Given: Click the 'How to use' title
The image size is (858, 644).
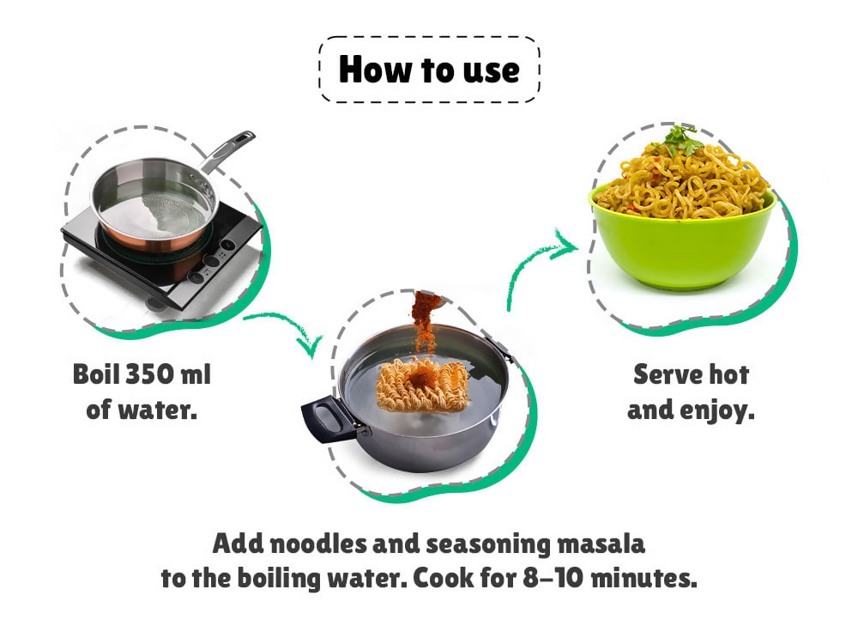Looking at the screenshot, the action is pos(429,70).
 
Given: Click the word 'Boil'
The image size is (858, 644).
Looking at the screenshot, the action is pos(96,374).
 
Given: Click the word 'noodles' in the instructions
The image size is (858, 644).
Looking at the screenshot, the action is pos(318,544).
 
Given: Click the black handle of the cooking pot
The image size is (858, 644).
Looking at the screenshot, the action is pos(328,418).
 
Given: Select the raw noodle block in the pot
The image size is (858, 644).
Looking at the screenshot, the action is pos(423,385).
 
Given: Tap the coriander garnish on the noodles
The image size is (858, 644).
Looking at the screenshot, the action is pos(680,139).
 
